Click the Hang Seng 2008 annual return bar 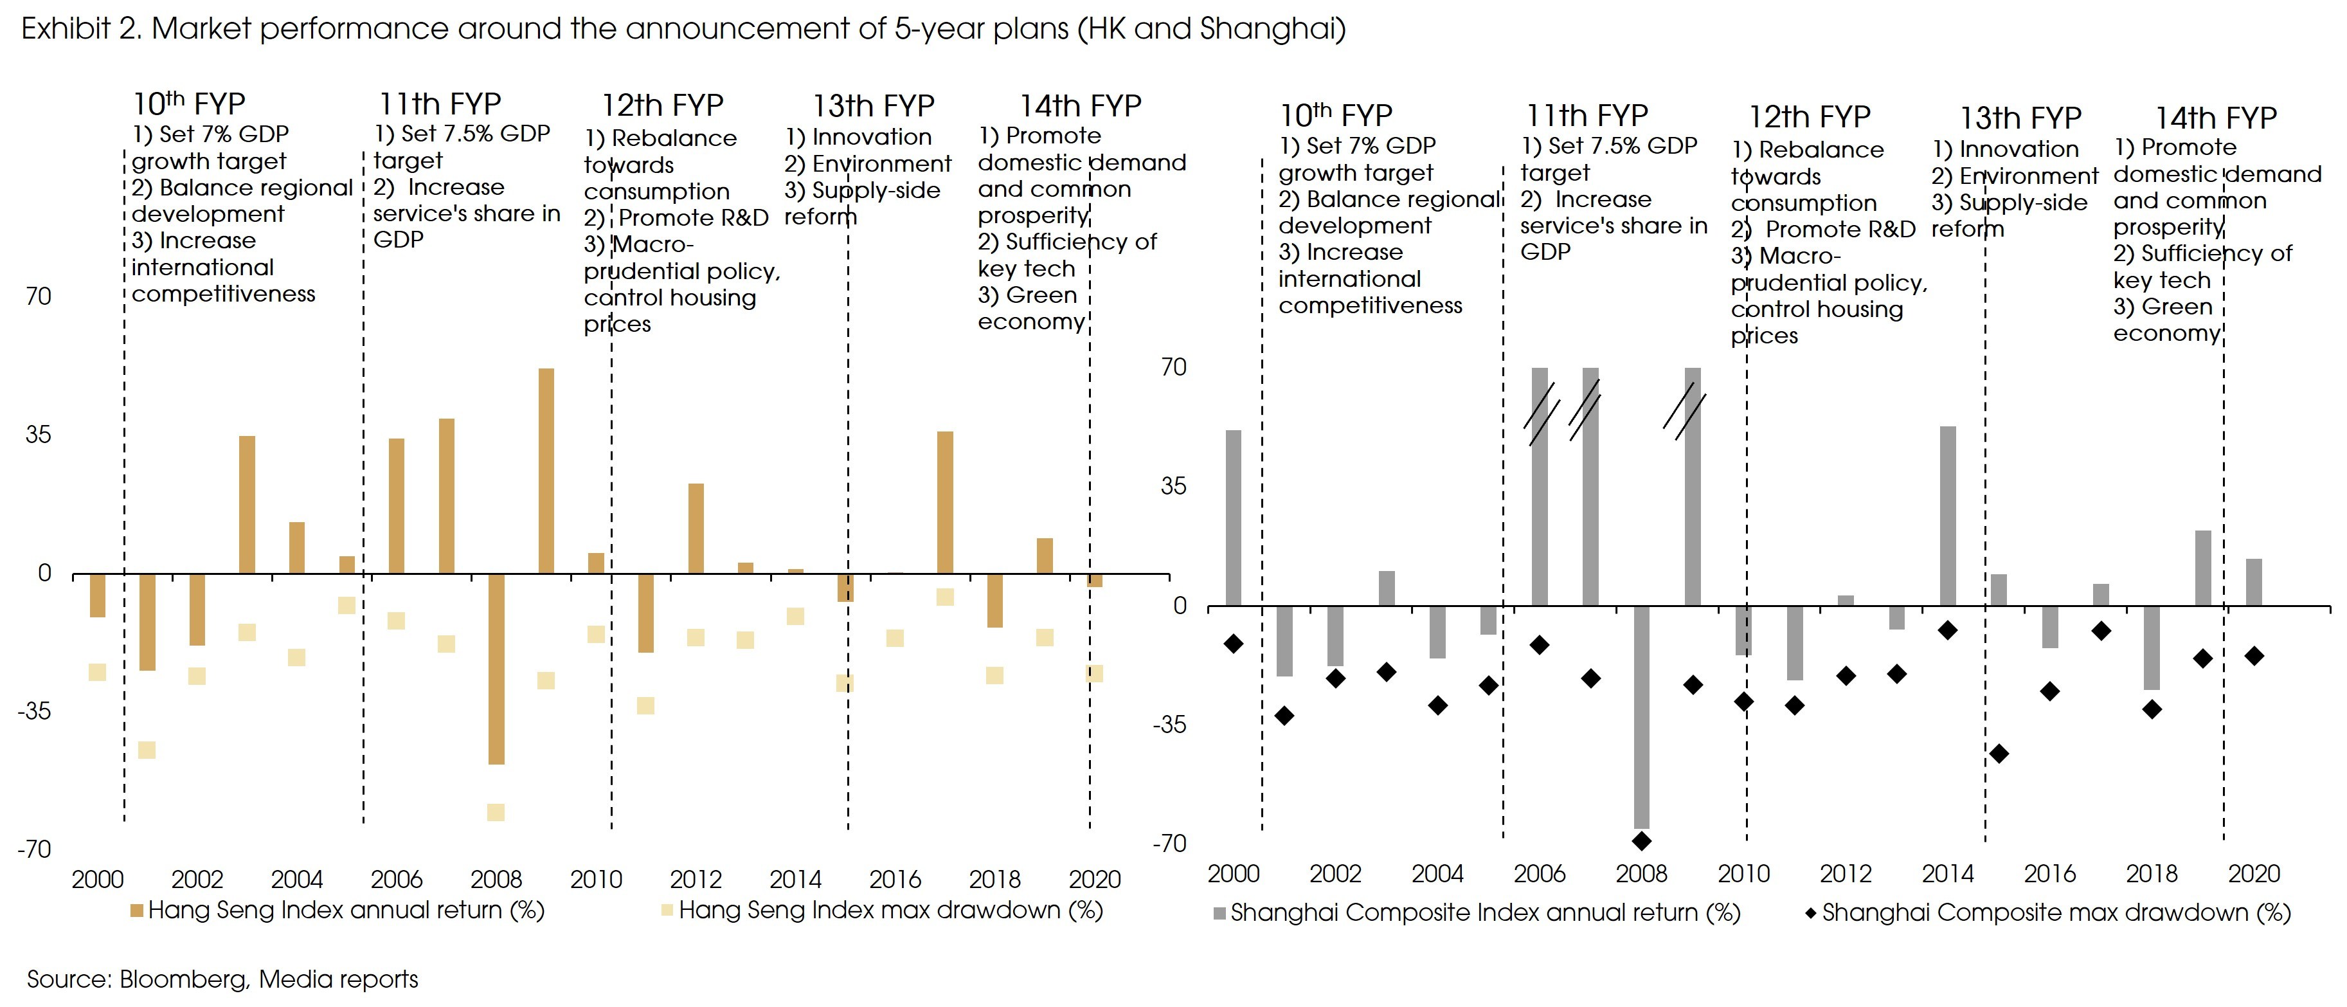pos(496,668)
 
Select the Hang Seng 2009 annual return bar pos(546,471)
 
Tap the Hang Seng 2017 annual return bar pos(945,502)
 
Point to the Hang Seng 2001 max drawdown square pos(147,750)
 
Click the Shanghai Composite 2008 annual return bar pos(1642,716)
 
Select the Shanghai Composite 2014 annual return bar pos(1948,516)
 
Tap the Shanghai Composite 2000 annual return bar pos(1234,518)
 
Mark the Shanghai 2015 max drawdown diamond pos(1999,754)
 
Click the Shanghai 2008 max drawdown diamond pos(1642,840)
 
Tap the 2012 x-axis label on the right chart pos(1845,874)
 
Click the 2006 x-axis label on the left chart pos(397,880)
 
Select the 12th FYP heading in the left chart pos(662,105)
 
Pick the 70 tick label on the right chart pos(1174,367)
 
